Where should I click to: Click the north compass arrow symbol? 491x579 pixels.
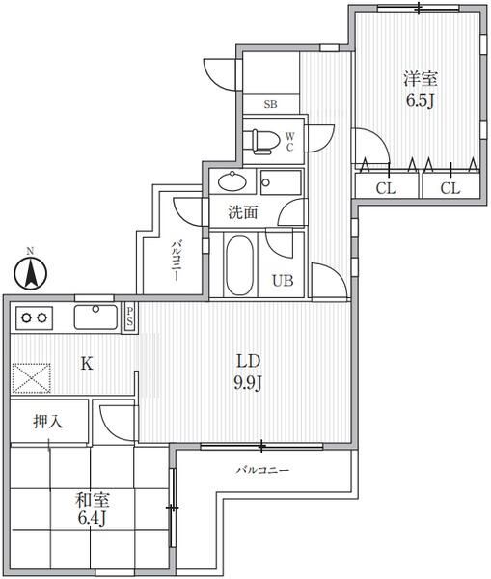[x=30, y=272]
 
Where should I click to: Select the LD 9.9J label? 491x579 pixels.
[x=249, y=370]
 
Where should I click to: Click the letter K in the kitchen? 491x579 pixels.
[x=86, y=364]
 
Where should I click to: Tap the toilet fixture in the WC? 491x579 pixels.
[x=261, y=141]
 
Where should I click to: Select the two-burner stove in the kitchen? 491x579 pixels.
[x=36, y=317]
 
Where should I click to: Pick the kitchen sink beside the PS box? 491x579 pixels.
[x=95, y=316]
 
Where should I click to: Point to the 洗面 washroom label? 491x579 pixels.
[x=242, y=211]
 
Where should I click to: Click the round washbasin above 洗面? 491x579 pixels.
[x=232, y=180]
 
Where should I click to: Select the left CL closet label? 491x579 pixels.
[x=386, y=188]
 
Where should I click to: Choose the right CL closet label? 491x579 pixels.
[x=450, y=188]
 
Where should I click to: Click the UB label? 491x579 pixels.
[x=282, y=282]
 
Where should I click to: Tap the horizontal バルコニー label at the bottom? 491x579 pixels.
[x=262, y=471]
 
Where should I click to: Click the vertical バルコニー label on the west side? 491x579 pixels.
[x=177, y=259]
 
